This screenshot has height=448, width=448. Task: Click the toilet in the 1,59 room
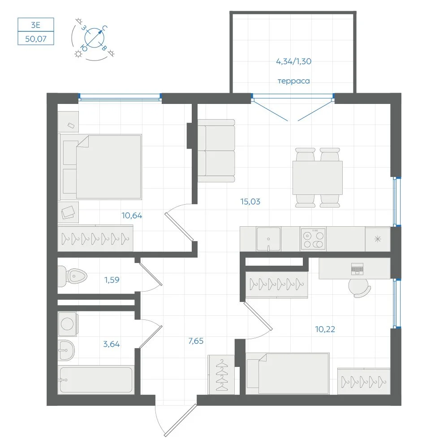point(72,276)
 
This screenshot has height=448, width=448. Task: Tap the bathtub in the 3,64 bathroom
point(96,380)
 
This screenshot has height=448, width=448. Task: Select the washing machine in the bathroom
point(68,324)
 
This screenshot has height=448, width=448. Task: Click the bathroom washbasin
point(66,350)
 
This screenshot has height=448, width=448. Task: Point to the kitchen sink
point(268,239)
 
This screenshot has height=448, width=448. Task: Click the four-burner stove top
point(313,239)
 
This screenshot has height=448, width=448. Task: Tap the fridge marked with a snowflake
point(378,239)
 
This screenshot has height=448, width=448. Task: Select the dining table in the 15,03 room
point(318,178)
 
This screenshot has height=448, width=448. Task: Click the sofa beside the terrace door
point(216,151)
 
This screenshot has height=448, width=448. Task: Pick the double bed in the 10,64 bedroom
point(100,167)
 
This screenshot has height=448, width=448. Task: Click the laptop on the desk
point(357,268)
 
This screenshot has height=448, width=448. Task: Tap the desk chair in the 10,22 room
point(359,288)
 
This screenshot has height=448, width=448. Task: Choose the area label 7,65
point(196,341)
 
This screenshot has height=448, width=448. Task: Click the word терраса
point(294,81)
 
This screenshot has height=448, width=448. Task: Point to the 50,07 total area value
point(36,39)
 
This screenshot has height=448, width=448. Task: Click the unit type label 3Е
point(36,25)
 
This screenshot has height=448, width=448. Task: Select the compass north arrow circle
point(95,38)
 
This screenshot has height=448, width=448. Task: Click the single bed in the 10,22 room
point(288,374)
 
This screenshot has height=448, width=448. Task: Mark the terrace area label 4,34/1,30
point(294,61)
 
